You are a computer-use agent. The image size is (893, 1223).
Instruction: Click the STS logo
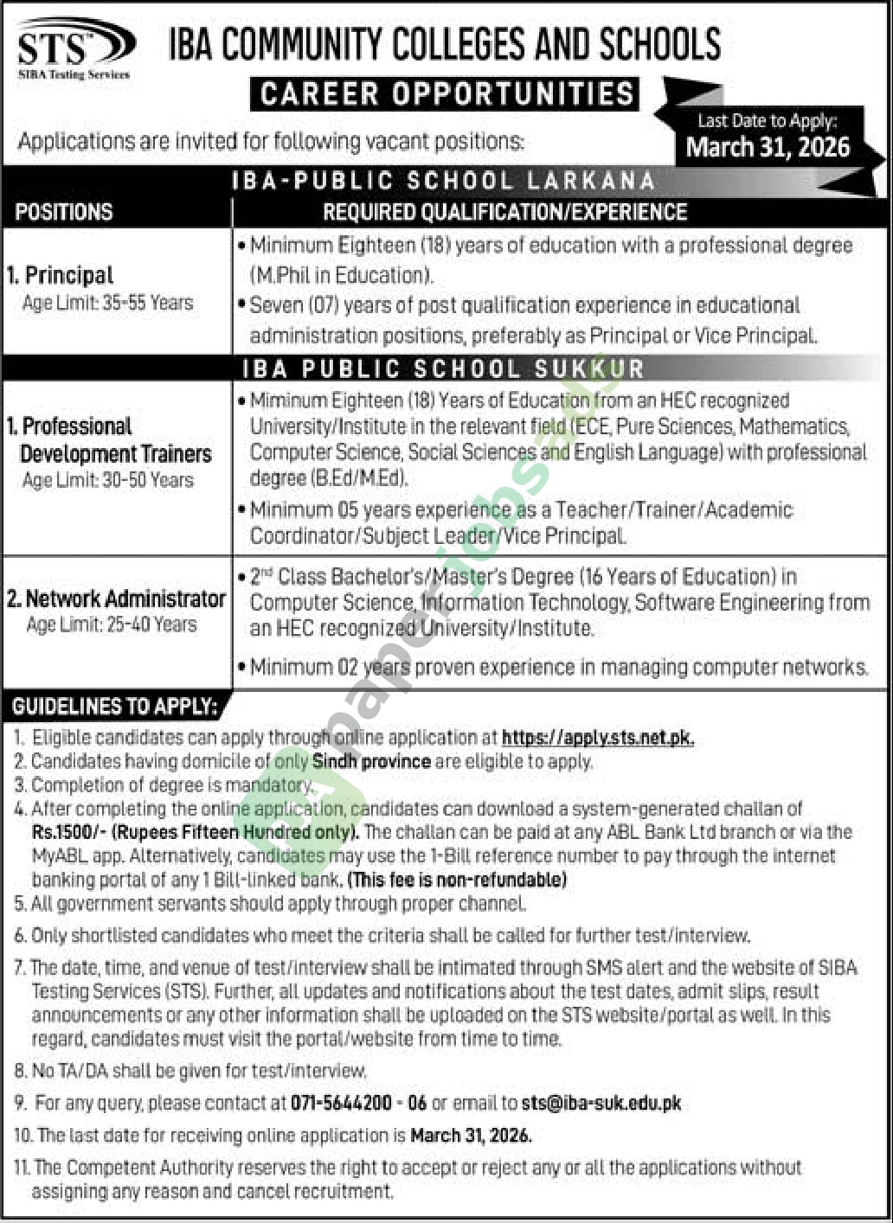point(74,50)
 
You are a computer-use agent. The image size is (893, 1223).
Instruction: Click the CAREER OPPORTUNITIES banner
point(445,94)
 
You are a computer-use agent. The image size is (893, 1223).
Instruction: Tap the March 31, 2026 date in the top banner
point(768,147)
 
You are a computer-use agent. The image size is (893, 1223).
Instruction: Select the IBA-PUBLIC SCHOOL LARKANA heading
point(444,181)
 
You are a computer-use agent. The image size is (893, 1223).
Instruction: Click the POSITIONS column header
point(64,212)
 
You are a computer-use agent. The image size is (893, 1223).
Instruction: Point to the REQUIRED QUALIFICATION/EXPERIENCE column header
point(504,212)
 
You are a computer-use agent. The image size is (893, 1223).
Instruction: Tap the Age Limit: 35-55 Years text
point(108,303)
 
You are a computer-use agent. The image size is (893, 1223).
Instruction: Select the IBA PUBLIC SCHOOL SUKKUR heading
point(443,369)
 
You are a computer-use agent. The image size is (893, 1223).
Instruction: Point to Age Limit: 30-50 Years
point(108,480)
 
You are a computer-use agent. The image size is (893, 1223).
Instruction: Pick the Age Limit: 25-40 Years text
point(112,624)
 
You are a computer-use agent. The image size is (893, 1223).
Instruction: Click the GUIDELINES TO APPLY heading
point(113,707)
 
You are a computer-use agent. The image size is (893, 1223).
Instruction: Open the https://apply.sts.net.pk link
point(597,738)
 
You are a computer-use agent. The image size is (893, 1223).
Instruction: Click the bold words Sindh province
point(372,761)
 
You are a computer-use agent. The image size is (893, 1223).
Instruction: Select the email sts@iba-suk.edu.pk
point(601,1103)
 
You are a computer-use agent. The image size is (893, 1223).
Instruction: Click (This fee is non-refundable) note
point(457,880)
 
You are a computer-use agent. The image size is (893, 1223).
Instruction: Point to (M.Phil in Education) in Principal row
point(342,276)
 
